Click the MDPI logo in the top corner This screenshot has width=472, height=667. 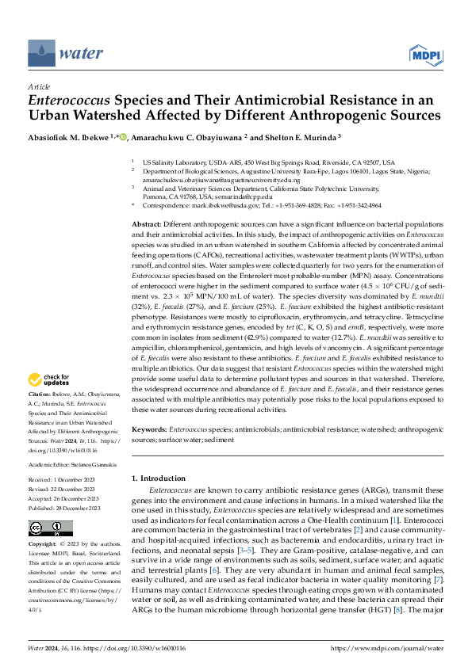pos(424,53)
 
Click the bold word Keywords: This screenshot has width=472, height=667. pos(149,429)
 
